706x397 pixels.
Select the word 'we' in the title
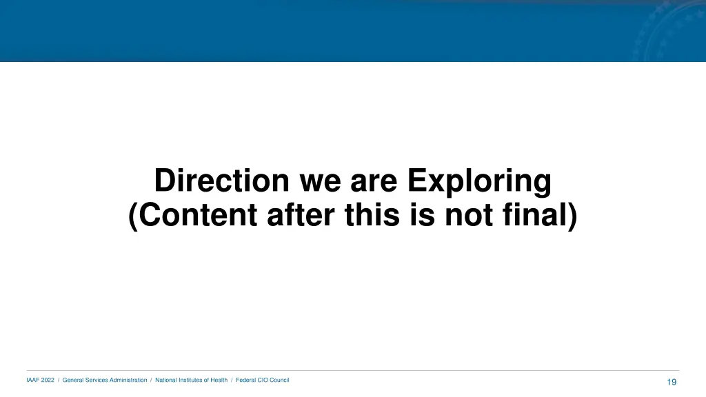[320, 181]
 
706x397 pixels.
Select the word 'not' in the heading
[469, 216]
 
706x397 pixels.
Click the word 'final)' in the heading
[539, 216]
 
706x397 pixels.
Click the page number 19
[672, 383]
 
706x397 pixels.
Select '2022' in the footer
[48, 380]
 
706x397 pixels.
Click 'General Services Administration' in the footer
[105, 380]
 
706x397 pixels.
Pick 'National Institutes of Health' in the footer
[191, 380]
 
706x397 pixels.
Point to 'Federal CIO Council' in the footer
[263, 380]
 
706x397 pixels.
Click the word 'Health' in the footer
[219, 380]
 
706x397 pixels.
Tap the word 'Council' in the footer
[279, 380]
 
